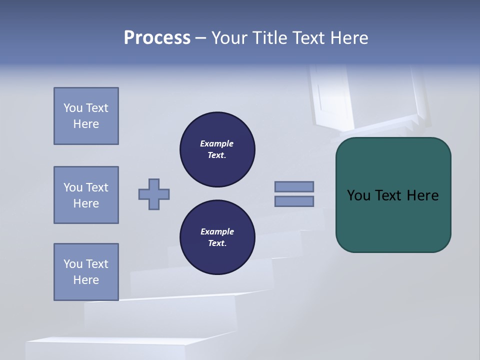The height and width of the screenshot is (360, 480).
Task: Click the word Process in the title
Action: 157,38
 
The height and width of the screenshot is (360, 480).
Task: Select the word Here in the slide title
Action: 348,38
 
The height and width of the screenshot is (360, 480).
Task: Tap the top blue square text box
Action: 86,116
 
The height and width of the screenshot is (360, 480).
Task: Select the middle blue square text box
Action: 86,195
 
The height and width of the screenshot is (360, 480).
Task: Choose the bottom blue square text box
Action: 86,272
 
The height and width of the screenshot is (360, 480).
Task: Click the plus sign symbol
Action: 154,194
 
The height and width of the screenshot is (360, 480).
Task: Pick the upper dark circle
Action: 217,149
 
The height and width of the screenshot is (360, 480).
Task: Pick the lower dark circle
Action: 217,237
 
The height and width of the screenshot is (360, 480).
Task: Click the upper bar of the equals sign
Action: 294,186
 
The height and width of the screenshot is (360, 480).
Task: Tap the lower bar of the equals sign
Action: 294,201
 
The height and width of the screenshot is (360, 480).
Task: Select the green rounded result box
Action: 393,220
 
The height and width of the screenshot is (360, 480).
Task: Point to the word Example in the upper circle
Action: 216,143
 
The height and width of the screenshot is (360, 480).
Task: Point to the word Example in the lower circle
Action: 217,231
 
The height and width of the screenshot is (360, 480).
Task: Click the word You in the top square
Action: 72,108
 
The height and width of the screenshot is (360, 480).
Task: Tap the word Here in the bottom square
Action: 86,280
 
